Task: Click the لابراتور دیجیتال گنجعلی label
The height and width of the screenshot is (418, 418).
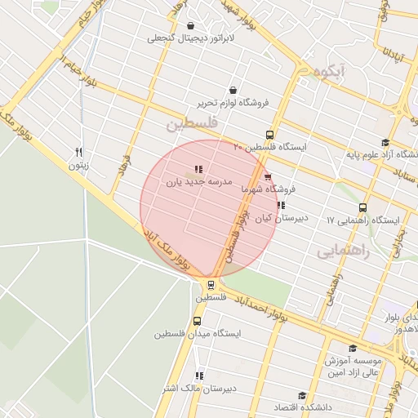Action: [x=190, y=38]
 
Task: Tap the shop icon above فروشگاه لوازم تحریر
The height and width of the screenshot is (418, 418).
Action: [x=233, y=90]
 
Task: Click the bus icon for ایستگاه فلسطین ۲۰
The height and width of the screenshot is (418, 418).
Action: [x=269, y=135]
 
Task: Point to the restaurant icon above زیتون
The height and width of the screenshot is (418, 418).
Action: [x=78, y=152]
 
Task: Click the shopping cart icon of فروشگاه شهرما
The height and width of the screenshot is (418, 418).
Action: [x=268, y=176]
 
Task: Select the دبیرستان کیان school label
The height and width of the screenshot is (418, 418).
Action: [x=281, y=218]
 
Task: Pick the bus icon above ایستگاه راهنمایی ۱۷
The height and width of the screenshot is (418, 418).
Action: [x=362, y=207]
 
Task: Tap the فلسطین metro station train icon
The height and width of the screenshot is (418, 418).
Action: [x=211, y=285]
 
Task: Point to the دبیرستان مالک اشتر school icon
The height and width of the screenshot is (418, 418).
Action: [x=198, y=376]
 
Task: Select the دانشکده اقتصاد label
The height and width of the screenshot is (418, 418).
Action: [x=328, y=407]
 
